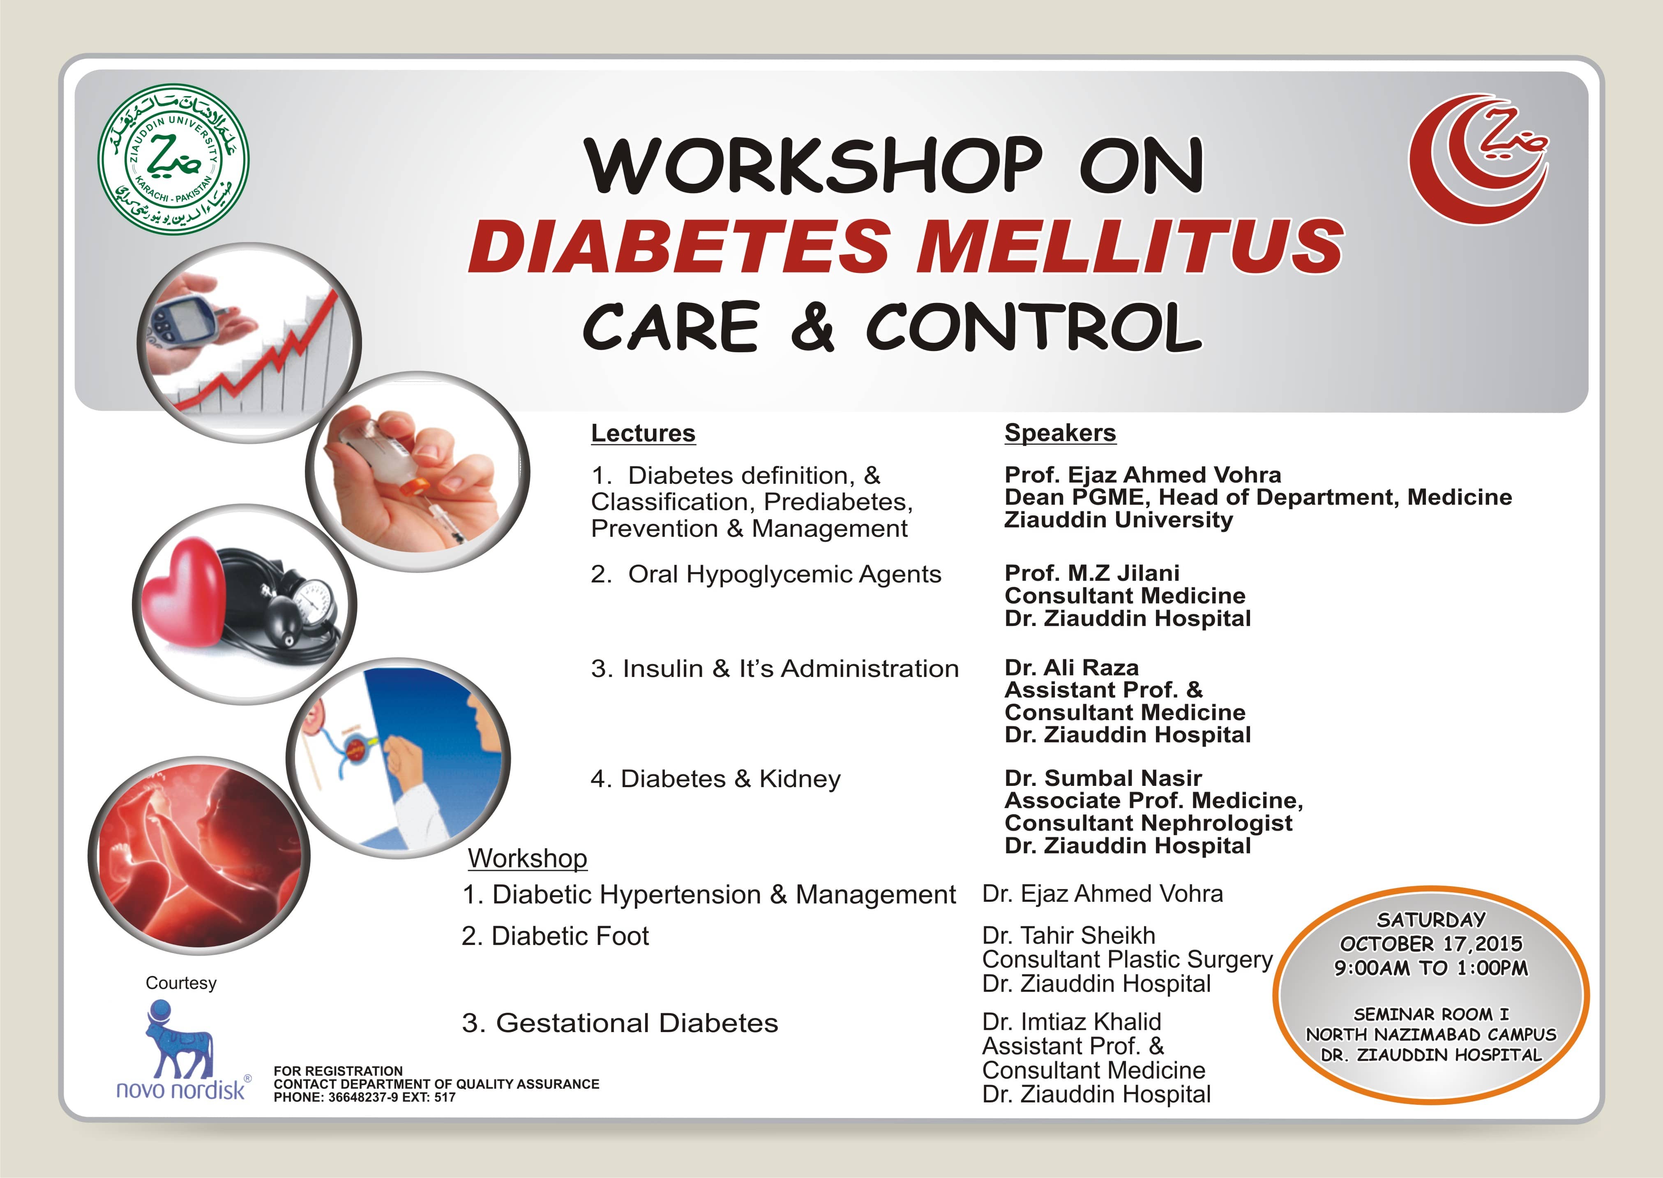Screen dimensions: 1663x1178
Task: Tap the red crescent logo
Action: (1479, 159)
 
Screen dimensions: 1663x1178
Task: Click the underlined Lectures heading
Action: (643, 433)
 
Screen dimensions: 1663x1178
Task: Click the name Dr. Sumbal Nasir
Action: (1103, 778)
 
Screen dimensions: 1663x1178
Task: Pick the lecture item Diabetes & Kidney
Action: (731, 779)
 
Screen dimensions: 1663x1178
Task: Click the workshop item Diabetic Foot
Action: (570, 936)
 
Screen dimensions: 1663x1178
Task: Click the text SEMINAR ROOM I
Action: (1431, 1014)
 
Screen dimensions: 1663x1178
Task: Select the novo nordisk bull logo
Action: (180, 1040)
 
